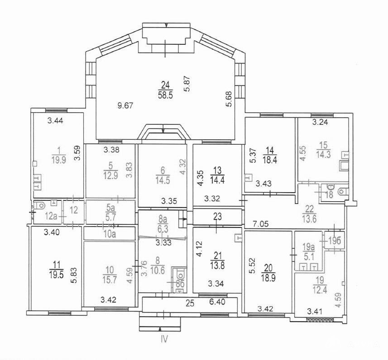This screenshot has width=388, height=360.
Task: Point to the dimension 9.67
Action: pos(125,106)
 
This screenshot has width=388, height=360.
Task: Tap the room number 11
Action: pos(57,265)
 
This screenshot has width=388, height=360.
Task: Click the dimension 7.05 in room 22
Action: pos(260,224)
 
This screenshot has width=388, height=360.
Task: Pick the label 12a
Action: pos(51,217)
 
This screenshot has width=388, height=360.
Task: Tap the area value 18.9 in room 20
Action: pos(268,279)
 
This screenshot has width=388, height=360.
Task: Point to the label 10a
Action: pos(110,234)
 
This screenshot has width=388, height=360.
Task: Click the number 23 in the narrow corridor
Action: pos(217,217)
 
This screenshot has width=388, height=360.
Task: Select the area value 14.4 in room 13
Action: pos(217,180)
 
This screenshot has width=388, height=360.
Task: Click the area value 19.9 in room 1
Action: pos(59,160)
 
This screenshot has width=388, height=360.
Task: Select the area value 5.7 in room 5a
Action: pos(109,218)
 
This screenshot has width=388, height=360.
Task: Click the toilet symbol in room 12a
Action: pos(39,205)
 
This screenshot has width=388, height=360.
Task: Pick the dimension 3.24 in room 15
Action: pos(320,122)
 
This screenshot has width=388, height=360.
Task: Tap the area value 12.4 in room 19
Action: pos(320,289)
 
